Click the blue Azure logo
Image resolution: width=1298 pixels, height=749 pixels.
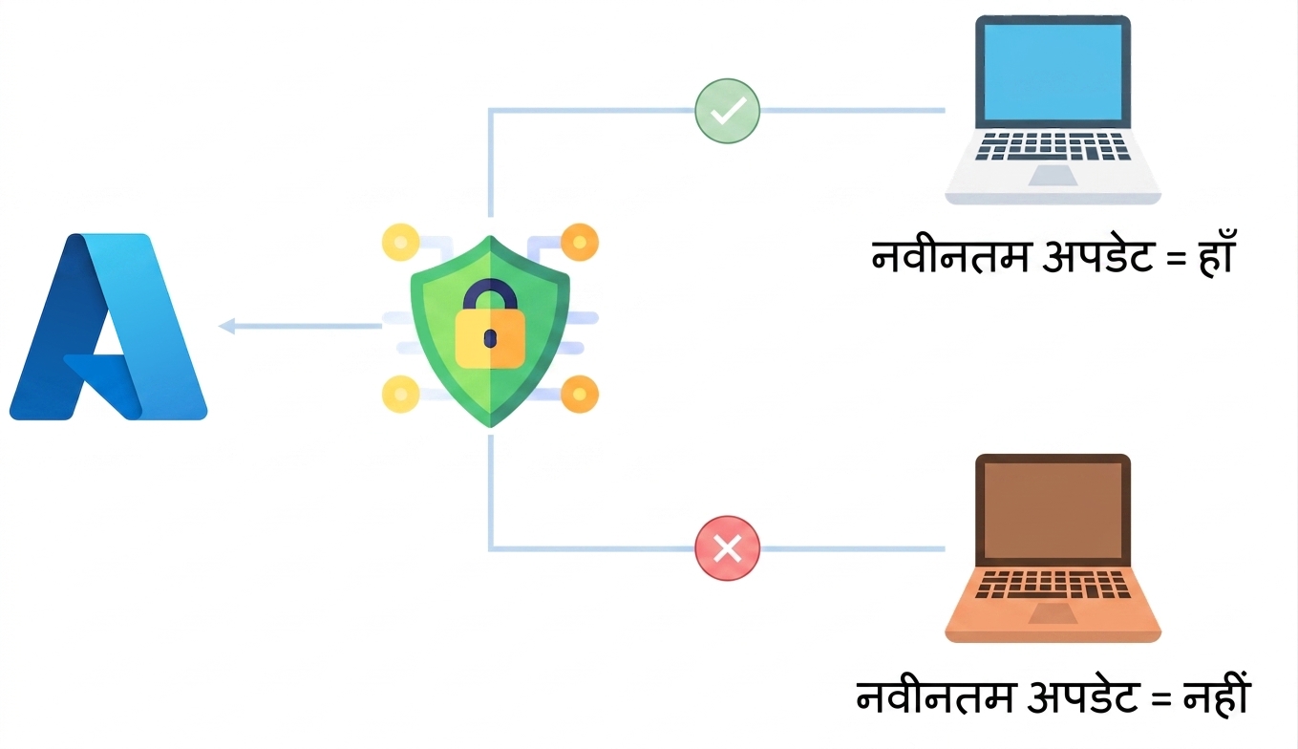pos(108,327)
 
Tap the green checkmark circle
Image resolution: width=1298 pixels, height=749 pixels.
pos(727,111)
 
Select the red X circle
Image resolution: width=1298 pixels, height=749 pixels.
pos(727,548)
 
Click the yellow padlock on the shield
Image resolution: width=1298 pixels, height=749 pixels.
pos(490,325)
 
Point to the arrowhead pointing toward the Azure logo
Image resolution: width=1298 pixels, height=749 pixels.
pos(226,326)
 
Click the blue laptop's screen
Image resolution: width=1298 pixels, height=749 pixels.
pos(1053,73)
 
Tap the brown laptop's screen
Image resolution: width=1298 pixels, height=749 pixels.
pos(1053,511)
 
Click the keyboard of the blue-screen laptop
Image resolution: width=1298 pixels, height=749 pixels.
pos(1053,146)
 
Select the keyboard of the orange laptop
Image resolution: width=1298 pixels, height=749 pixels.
pos(1053,585)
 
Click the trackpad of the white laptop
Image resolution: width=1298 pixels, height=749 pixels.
pos(1053,176)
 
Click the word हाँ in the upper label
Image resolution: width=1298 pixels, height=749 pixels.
pos(1215,254)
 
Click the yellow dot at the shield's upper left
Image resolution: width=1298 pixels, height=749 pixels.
pos(400,242)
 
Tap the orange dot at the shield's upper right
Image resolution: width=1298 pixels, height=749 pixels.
pos(580,242)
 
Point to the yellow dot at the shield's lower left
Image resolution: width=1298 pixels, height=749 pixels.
pos(400,395)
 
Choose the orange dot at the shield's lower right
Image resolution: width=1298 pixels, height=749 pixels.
pos(580,395)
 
